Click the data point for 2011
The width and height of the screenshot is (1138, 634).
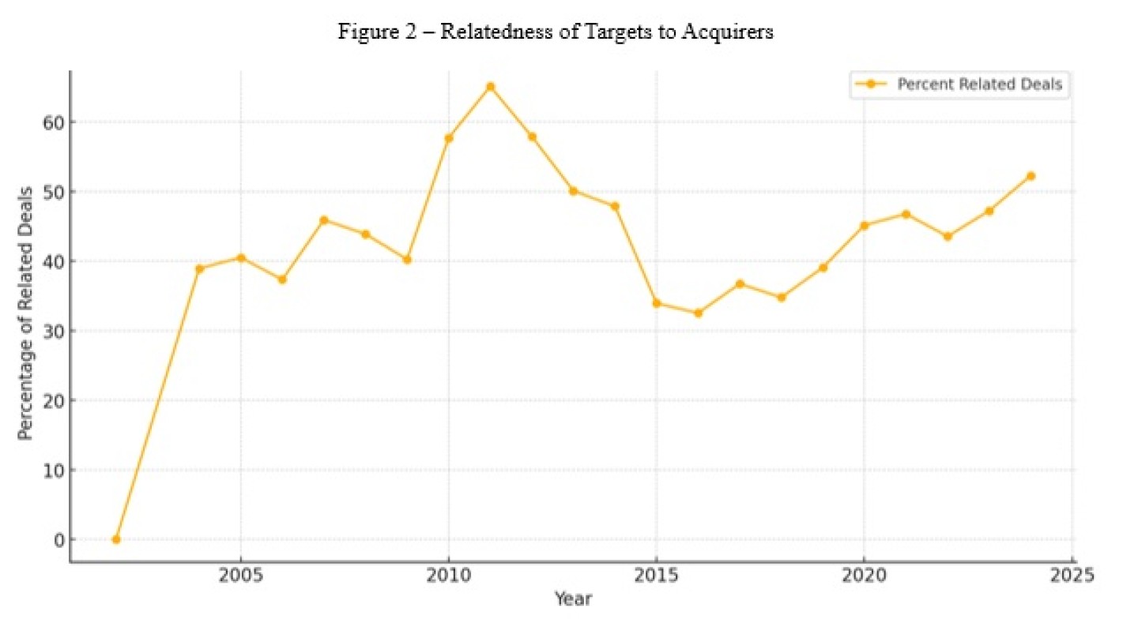[x=490, y=86]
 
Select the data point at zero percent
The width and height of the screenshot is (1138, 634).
[x=116, y=539]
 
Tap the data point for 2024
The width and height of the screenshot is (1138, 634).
[x=1031, y=176]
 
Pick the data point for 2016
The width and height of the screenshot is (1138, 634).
[x=698, y=313]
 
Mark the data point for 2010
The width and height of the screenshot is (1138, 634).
[x=449, y=138]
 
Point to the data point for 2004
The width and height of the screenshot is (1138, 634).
[x=199, y=268]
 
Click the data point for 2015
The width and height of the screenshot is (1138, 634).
[x=657, y=303]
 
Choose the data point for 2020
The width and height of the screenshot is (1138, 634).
[x=865, y=225]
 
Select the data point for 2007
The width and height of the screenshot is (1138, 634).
[x=324, y=219]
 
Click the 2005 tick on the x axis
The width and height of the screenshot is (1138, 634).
[x=240, y=574]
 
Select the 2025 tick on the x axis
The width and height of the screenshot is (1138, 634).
[x=1072, y=574]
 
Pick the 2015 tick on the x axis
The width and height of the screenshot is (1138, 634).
[x=657, y=574]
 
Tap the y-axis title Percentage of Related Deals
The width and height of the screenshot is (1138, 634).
[x=25, y=313]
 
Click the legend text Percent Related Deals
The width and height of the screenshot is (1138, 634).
[x=979, y=84]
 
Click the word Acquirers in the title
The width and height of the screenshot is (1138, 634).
[x=732, y=32]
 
